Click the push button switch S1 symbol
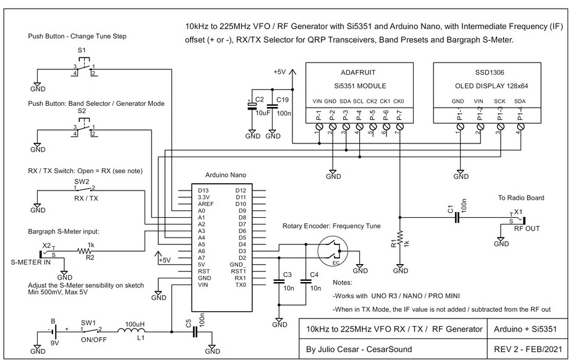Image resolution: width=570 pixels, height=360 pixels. (x=84, y=67)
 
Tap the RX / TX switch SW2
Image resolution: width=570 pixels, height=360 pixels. (x=84, y=189)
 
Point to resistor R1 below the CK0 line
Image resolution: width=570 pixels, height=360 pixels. (x=400, y=239)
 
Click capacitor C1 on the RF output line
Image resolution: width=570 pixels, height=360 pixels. (x=457, y=218)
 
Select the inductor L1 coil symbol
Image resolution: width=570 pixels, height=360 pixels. (x=131, y=331)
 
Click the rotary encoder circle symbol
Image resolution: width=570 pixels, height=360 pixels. (x=333, y=251)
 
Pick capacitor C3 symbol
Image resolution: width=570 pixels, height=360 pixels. (x=279, y=281)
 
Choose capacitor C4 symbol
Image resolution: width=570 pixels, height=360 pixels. (x=306, y=281)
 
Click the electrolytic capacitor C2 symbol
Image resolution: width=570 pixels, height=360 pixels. (x=252, y=106)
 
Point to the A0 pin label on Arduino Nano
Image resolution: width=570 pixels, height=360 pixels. (x=202, y=210)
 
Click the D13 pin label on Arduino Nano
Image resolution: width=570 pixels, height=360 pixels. (x=203, y=191)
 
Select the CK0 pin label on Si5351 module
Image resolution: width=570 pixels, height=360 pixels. (x=398, y=101)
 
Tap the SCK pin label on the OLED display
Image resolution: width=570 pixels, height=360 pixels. (x=500, y=101)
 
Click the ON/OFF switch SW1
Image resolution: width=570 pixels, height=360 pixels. (x=91, y=331)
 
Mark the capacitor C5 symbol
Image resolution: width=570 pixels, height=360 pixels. (x=195, y=332)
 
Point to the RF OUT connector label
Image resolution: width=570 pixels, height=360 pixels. (x=527, y=228)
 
